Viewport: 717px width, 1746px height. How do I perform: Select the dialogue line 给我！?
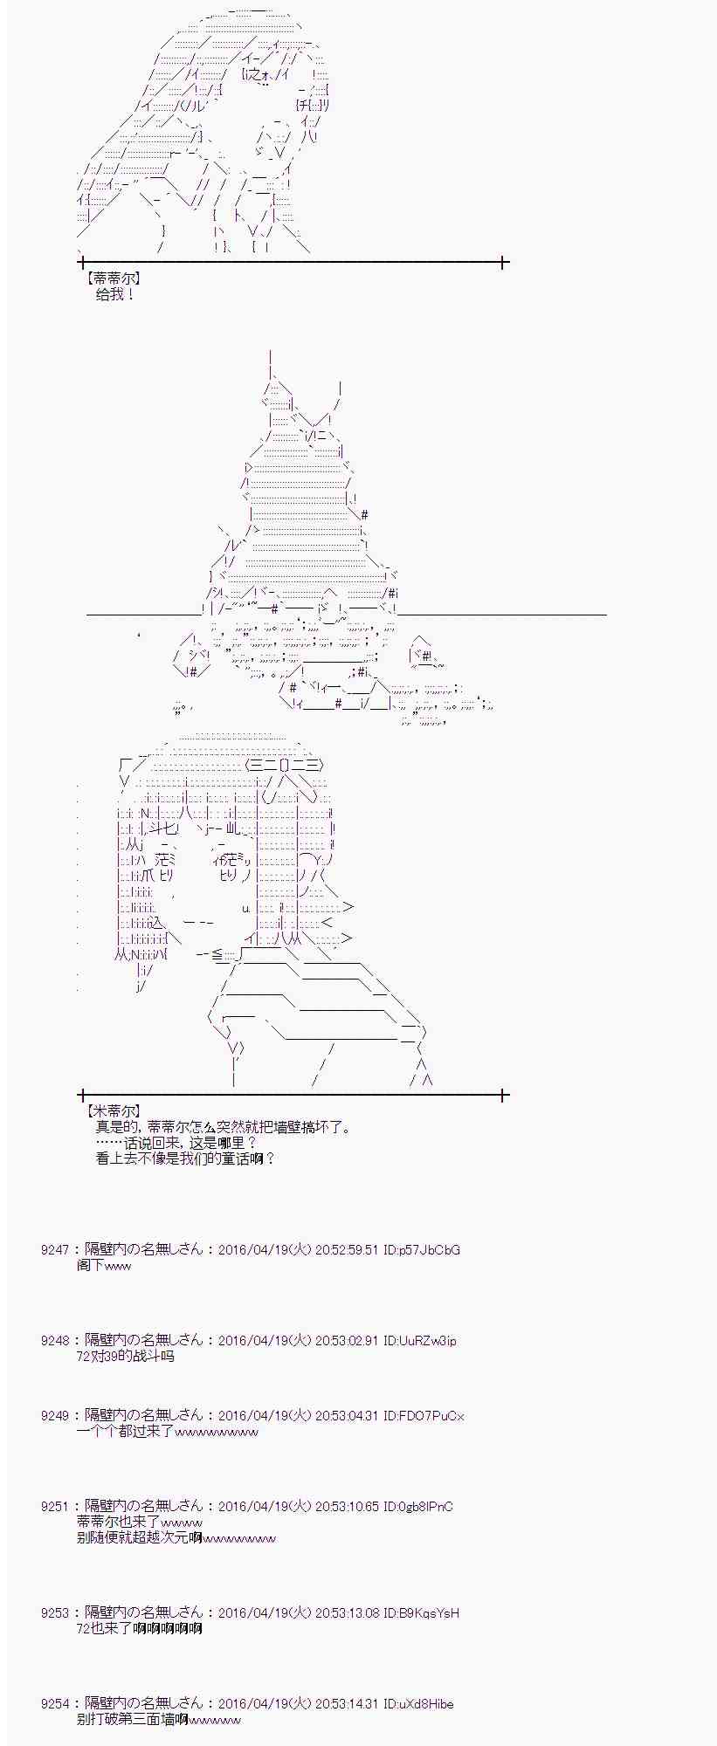115,294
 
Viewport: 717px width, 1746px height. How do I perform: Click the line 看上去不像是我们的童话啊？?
186,1158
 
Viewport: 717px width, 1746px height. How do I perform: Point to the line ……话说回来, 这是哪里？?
177,1143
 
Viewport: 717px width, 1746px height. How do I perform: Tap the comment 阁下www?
104,1265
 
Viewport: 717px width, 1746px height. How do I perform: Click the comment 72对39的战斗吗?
125,1356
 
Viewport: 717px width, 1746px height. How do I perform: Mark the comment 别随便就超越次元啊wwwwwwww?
176,1537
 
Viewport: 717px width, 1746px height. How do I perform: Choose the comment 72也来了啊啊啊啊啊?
139,1628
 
